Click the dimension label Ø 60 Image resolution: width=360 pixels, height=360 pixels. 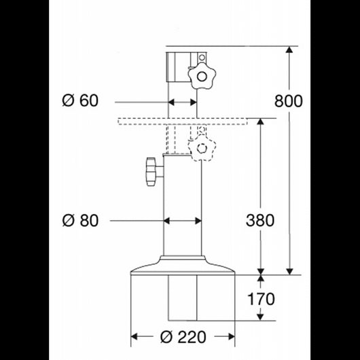pos(80,101)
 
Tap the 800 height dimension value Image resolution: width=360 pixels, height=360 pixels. pos(289,101)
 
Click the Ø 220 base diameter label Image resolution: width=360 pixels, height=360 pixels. pos(183,336)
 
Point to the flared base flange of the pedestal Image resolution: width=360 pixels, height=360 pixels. pos(182,266)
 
